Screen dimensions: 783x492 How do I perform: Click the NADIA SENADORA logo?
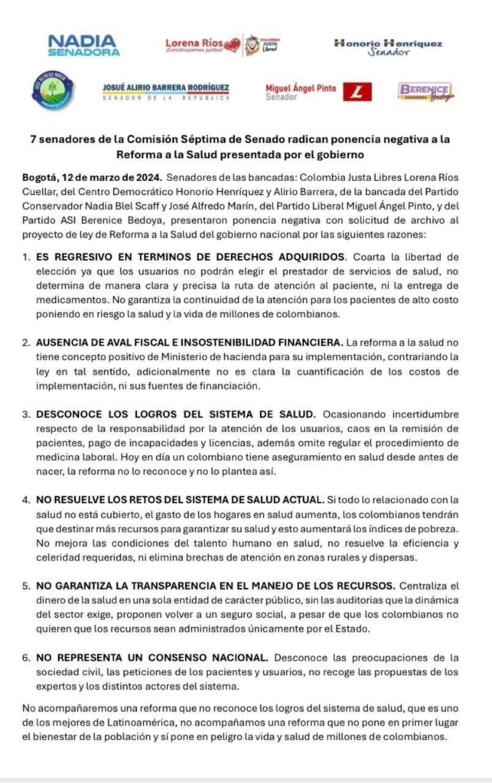click(83, 45)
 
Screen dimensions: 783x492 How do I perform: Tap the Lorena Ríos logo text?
click(194, 45)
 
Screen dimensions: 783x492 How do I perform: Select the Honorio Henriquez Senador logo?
click(388, 47)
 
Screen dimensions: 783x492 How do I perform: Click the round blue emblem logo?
click(54, 90)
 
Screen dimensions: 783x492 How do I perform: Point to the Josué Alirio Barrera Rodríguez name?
click(166, 89)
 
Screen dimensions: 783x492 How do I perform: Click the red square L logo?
click(357, 93)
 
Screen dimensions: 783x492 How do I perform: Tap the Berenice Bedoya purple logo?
click(425, 92)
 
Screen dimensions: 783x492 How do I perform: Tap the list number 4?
click(27, 499)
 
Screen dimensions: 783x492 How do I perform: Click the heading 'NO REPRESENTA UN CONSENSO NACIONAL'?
click(152, 657)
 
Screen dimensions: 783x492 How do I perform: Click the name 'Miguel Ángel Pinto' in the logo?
click(301, 89)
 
